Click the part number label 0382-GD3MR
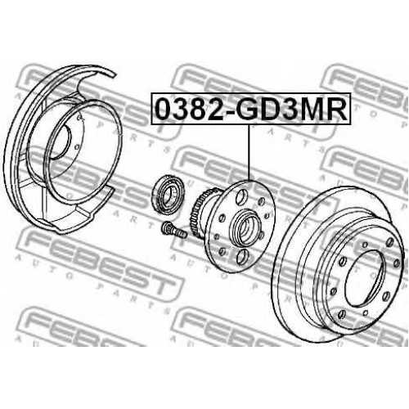pyautogui.click(x=251, y=109)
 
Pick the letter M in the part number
pyautogui.click(x=304, y=109)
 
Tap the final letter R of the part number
pyautogui.click(x=335, y=109)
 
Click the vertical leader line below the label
pyautogui.click(x=249, y=154)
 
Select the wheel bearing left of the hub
pyautogui.click(x=169, y=195)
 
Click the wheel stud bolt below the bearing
pyautogui.click(x=173, y=231)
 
